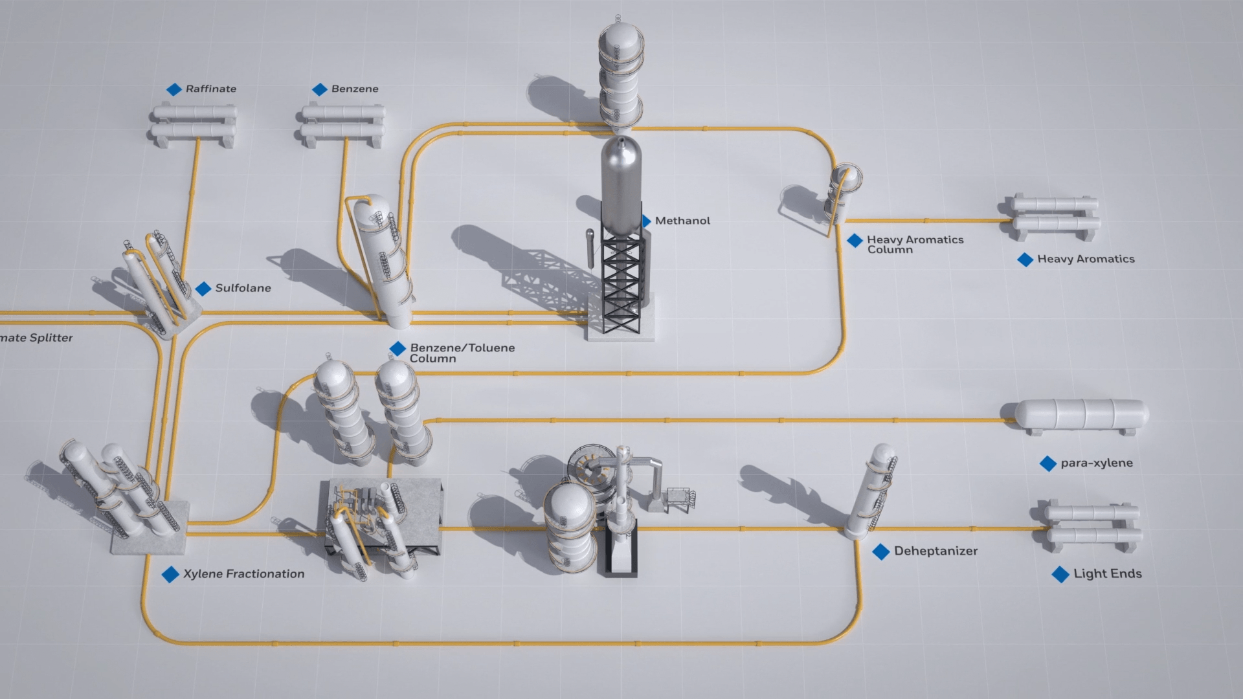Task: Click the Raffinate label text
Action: (x=210, y=89)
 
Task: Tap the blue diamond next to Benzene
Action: (x=320, y=89)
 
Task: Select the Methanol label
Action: (x=682, y=221)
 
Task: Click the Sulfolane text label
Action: (x=243, y=288)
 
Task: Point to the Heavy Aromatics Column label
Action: (x=915, y=244)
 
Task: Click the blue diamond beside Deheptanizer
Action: (x=880, y=551)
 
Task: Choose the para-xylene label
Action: (x=1096, y=463)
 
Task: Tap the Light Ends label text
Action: (x=1107, y=573)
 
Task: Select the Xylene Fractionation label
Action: (x=243, y=573)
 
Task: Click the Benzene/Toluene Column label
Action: (x=462, y=353)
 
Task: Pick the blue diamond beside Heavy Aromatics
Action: (x=1025, y=260)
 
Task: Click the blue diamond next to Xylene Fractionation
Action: (x=170, y=574)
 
